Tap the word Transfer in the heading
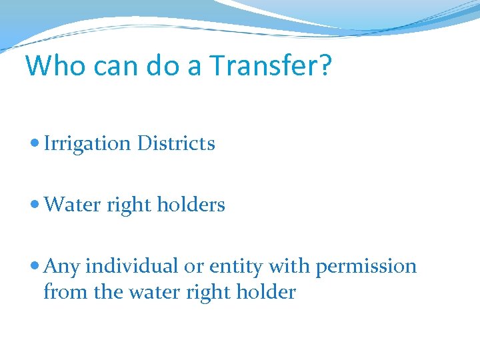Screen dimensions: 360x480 point(264,66)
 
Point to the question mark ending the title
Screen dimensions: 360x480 point(323,66)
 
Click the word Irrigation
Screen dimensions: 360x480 point(87,144)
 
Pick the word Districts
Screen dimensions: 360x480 point(176,143)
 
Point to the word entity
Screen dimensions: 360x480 point(236,267)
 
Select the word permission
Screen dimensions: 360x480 point(366,267)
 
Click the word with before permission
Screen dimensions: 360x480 point(291,266)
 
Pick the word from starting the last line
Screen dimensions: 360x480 point(61,291)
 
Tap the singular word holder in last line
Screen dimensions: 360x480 point(263,291)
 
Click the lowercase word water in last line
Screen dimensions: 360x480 point(151,292)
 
